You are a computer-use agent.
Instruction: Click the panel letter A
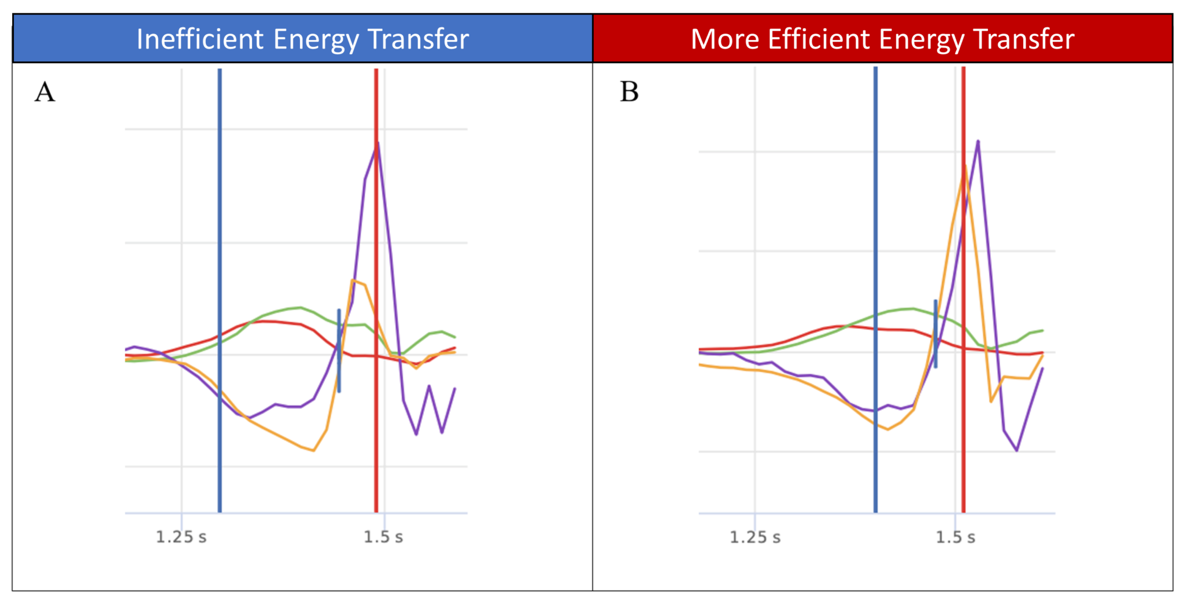[45, 92]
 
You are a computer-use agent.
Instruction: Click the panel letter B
[629, 92]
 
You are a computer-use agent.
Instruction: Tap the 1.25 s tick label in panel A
[181, 537]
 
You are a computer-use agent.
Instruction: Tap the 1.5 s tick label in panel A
[383, 537]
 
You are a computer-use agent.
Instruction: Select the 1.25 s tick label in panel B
[755, 538]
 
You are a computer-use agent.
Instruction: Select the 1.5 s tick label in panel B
[956, 538]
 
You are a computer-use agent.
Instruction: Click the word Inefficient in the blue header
[200, 39]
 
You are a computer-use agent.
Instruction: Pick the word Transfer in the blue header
[418, 39]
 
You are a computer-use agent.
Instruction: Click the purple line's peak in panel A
[378, 142]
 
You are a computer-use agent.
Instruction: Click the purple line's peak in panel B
[978, 141]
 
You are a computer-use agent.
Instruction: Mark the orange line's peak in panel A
[352, 281]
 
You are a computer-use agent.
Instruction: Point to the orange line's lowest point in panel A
[313, 451]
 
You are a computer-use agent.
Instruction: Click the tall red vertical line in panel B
[963, 405]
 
